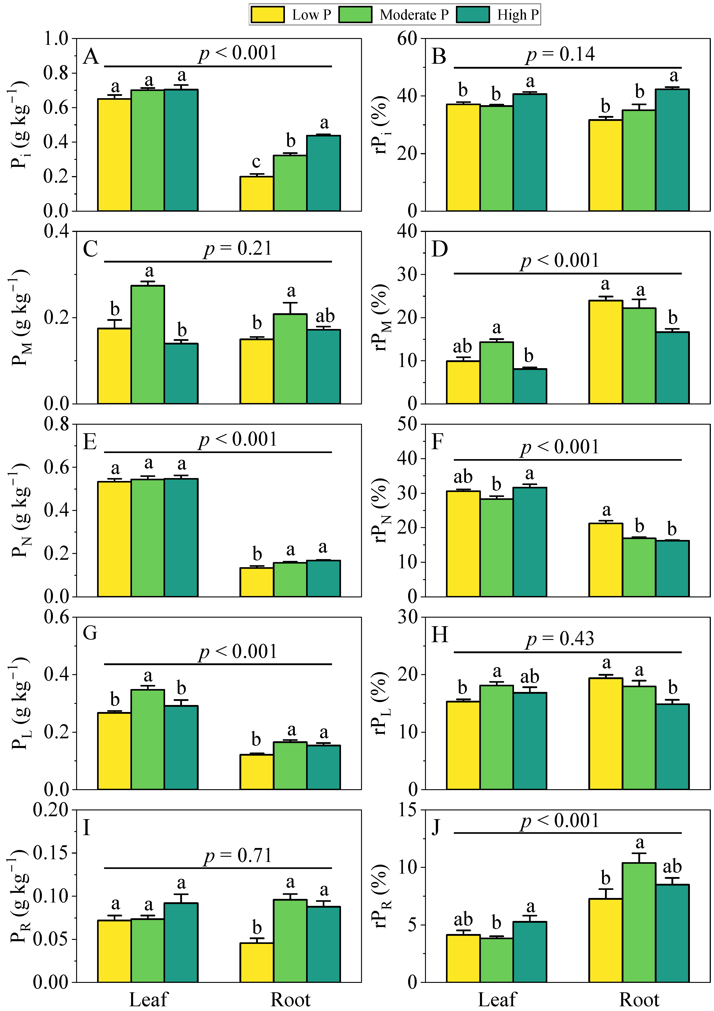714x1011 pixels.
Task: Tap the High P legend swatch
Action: click(x=473, y=15)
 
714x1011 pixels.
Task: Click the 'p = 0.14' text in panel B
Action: click(x=560, y=54)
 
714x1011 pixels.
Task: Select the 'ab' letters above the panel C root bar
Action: click(x=325, y=316)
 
